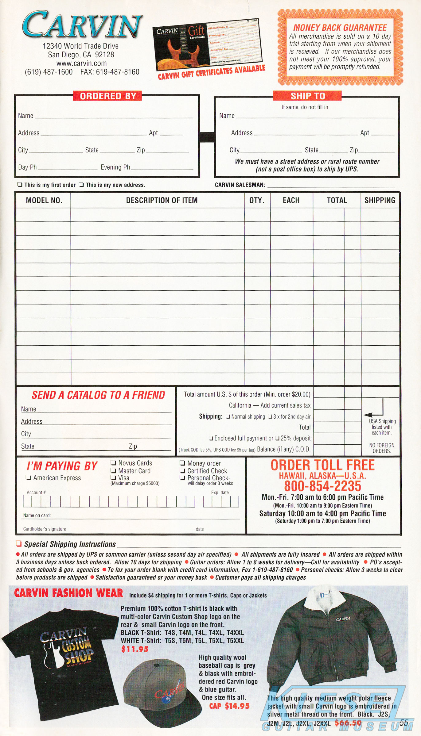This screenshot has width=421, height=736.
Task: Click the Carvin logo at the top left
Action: click(x=82, y=25)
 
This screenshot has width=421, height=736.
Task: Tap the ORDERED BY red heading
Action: click(x=108, y=96)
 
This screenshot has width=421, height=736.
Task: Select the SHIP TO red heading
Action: click(x=307, y=96)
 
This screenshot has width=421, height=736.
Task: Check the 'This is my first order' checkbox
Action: click(x=20, y=185)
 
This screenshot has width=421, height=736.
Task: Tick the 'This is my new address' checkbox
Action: click(x=81, y=185)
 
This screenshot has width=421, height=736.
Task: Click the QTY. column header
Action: click(x=257, y=200)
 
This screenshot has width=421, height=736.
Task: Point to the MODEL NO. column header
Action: click(x=44, y=200)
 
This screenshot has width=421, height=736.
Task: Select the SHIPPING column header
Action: click(x=380, y=200)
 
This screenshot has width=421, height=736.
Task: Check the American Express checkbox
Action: click(x=29, y=477)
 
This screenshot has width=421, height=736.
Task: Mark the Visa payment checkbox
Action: click(x=113, y=477)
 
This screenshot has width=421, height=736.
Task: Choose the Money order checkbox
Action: click(x=182, y=463)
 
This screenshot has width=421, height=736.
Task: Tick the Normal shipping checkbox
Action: click(x=228, y=416)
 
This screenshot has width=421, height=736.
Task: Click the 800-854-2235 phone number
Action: click(x=322, y=486)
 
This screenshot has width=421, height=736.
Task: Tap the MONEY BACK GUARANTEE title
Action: click(x=340, y=28)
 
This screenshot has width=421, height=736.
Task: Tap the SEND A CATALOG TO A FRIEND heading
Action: click(x=98, y=395)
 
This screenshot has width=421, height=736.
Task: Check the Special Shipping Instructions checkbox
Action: click(x=19, y=544)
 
